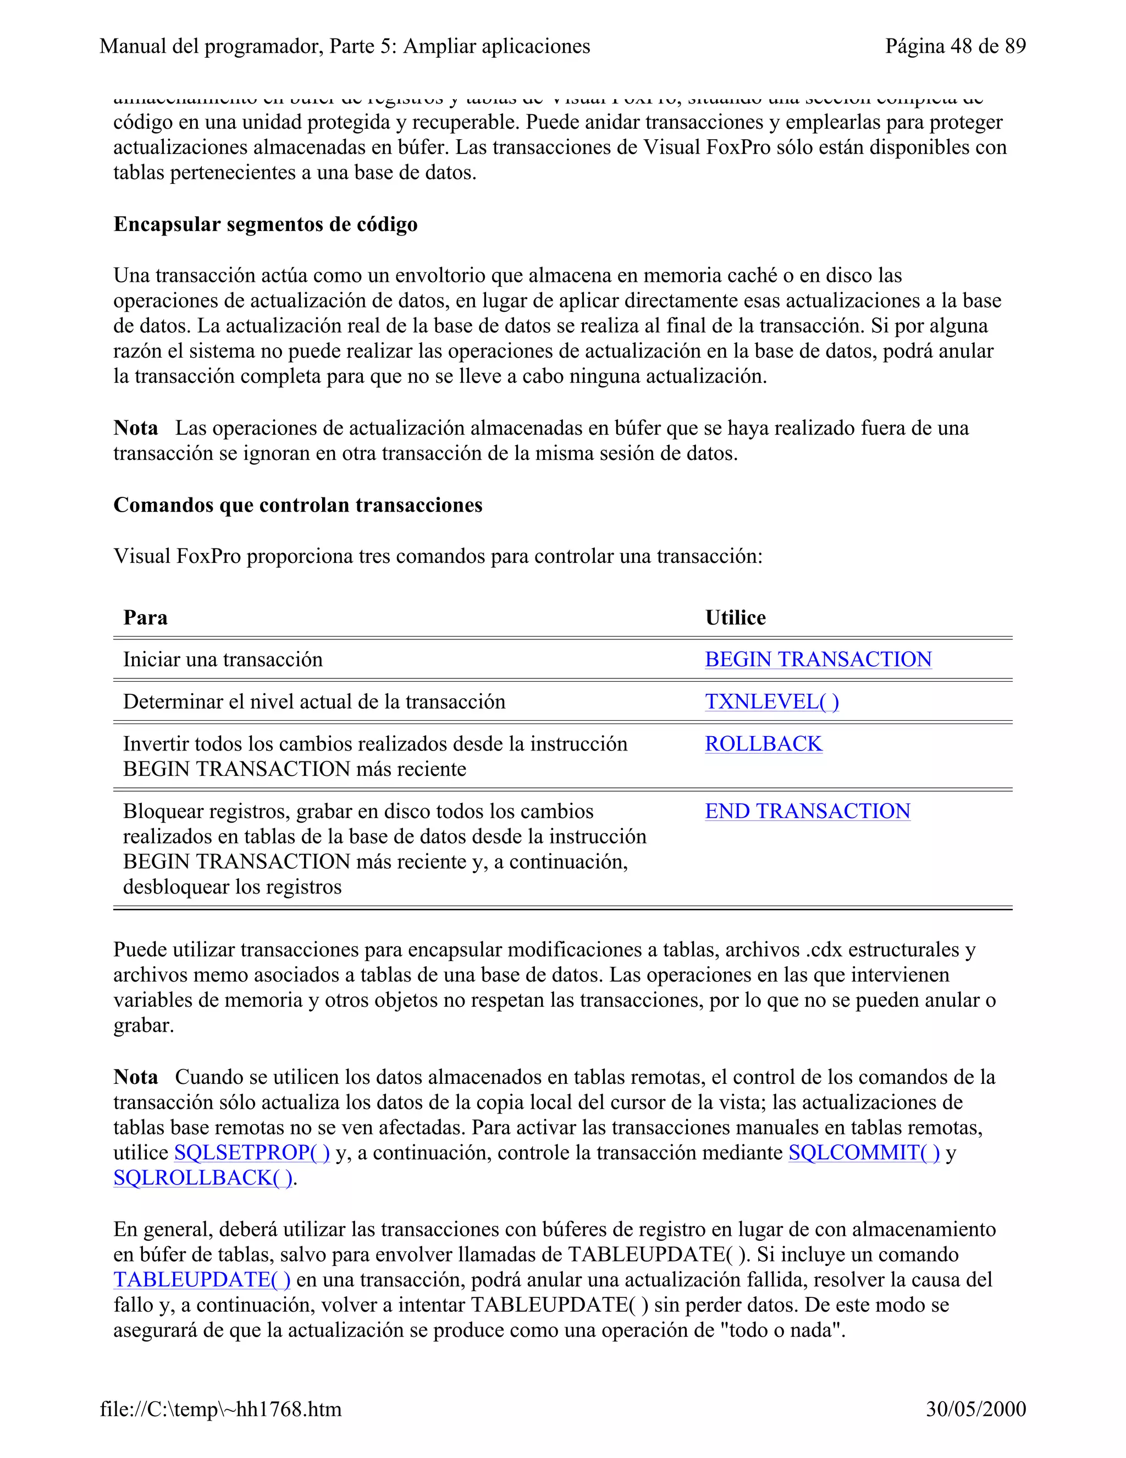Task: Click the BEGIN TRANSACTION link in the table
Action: point(818,660)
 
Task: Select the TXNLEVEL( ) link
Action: point(772,701)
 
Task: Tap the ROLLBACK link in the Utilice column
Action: point(763,744)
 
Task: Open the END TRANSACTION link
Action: point(807,811)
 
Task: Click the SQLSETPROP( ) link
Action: point(251,1153)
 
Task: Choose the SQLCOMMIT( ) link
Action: point(864,1153)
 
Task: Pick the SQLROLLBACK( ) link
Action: point(203,1179)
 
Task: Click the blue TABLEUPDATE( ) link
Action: point(201,1280)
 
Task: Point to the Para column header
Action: point(145,617)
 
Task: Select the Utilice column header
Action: point(735,617)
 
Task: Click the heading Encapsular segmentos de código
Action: point(266,224)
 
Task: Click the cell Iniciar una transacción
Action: point(223,660)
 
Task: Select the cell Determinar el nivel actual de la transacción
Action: point(314,701)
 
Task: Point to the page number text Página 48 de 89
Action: point(954,46)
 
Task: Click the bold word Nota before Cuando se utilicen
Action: point(135,1077)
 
